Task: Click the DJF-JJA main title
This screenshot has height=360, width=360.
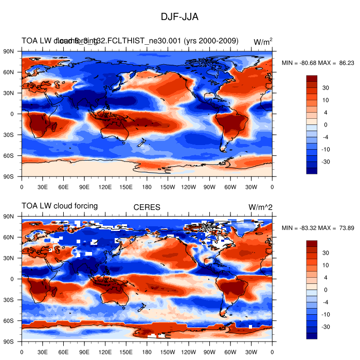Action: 179,17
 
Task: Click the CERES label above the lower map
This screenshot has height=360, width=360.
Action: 147,207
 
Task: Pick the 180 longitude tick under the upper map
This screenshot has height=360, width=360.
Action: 147,187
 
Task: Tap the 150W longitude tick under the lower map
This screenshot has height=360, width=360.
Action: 168,352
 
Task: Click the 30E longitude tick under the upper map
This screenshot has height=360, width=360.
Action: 42,187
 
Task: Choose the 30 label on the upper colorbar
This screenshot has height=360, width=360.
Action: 326,88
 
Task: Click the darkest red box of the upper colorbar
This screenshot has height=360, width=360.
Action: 312,79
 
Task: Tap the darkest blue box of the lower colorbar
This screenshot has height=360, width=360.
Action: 312,336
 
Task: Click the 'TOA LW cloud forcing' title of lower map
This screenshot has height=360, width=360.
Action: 60,206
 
